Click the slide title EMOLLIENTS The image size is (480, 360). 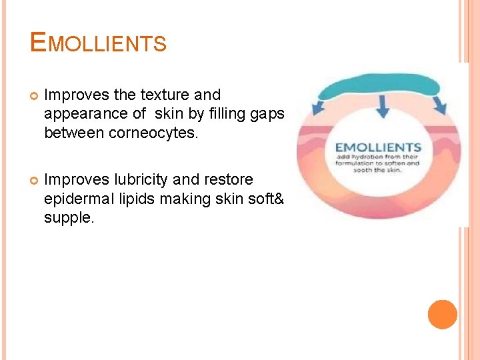click(x=98, y=43)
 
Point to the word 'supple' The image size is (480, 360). click(x=67, y=217)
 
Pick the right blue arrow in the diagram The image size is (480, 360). click(x=438, y=105)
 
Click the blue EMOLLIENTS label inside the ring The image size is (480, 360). click(x=378, y=147)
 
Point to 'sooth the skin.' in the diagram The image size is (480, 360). click(x=378, y=170)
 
